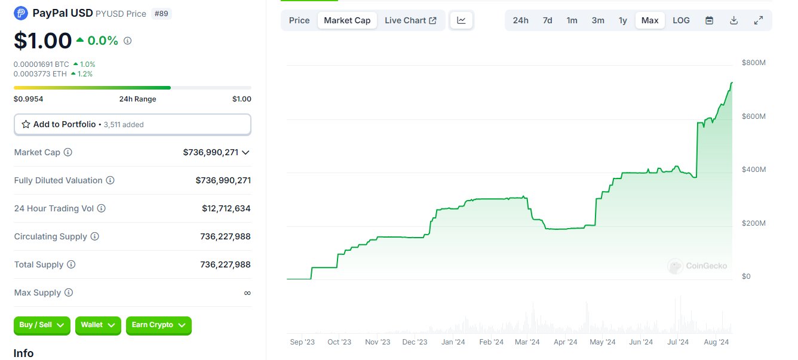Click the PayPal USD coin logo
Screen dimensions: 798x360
21,14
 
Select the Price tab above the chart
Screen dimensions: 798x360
299,20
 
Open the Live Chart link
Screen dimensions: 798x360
410,20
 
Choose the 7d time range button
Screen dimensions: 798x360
547,20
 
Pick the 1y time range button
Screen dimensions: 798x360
622,20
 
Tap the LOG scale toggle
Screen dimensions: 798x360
681,20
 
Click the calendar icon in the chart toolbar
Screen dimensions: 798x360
709,20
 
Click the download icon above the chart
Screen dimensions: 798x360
733,20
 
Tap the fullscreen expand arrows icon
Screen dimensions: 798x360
759,20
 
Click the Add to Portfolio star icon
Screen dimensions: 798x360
26,124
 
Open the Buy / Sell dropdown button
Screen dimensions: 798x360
42,325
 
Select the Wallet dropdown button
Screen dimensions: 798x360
98,325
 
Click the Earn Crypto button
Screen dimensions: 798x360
158,325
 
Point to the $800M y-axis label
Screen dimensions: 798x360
753,63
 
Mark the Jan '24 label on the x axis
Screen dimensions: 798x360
453,342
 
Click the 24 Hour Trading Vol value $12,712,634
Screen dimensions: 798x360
226,208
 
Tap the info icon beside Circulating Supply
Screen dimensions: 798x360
95,236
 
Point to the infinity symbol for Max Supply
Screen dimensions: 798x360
247,293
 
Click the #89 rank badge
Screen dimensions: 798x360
161,14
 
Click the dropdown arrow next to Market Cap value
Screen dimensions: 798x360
245,153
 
